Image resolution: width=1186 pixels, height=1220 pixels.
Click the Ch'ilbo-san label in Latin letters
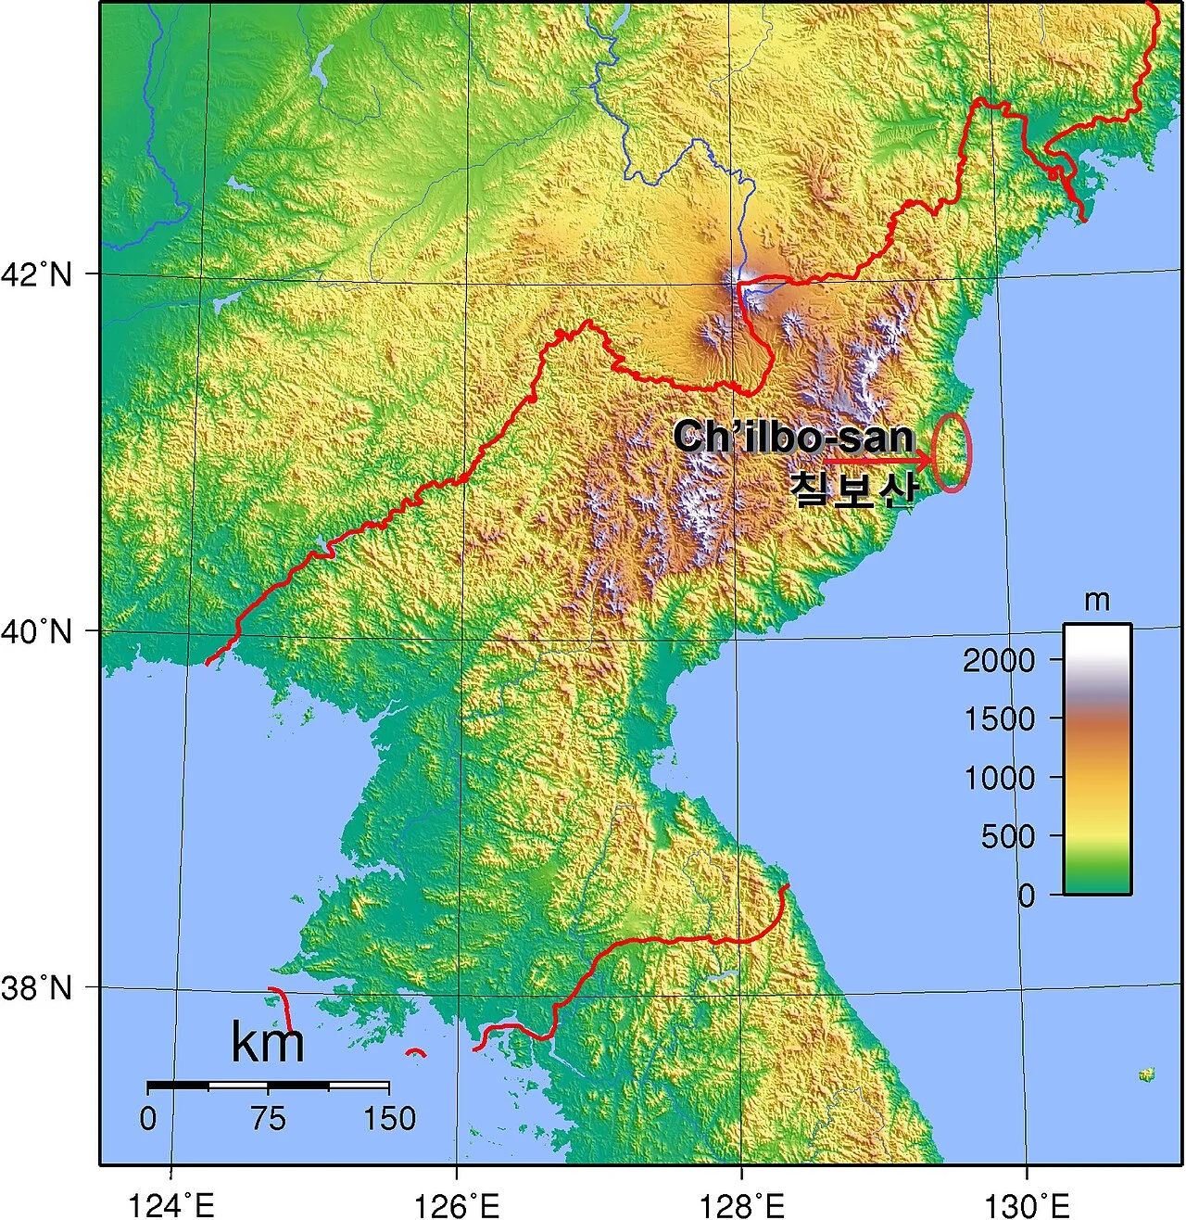point(794,437)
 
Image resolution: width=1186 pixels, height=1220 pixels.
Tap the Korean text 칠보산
point(854,489)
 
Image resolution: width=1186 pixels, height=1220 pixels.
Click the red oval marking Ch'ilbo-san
point(952,451)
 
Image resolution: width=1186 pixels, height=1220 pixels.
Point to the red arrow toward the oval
point(877,461)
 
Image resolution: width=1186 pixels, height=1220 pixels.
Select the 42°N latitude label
point(36,274)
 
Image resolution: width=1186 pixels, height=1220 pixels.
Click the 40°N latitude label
point(36,632)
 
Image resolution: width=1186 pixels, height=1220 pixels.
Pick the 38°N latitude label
point(36,988)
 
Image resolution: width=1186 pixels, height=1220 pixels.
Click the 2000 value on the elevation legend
point(999,661)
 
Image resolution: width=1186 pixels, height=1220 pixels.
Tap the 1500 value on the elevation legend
point(999,719)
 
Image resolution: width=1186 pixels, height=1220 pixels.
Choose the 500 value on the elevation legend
point(1008,837)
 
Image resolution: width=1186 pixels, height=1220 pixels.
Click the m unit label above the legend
point(1096,602)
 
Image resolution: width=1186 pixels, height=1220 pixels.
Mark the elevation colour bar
point(1097,758)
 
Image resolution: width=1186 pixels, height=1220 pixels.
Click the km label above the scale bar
point(267,1042)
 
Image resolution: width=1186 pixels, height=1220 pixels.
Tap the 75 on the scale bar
point(268,1119)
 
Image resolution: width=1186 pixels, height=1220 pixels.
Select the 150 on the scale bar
point(389,1119)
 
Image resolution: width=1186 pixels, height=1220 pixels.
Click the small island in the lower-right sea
point(1147,1074)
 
